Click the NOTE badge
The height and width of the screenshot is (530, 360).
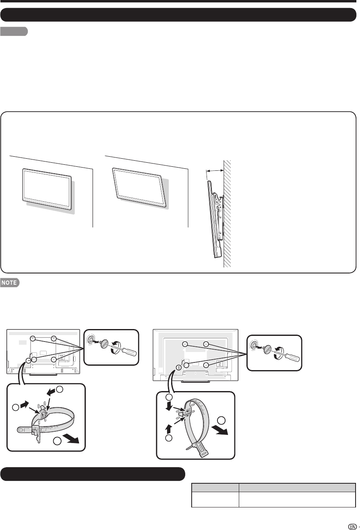pyautogui.click(x=10, y=282)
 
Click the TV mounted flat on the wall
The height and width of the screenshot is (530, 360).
pyautogui.click(x=47, y=189)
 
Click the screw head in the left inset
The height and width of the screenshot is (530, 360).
pyautogui.click(x=104, y=344)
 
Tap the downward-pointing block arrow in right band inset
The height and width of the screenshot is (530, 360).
pyautogui.click(x=169, y=407)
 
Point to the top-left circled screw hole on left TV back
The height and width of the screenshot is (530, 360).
pyautogui.click(x=33, y=339)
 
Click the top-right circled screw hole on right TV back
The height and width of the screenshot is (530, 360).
pyautogui.click(x=206, y=344)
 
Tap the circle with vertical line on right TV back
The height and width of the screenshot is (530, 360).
pyautogui.click(x=178, y=367)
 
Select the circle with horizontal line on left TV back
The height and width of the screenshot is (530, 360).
pyautogui.click(x=28, y=360)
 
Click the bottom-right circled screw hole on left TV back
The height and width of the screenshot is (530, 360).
pyautogui.click(x=54, y=360)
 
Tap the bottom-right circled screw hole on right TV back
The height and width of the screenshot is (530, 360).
pyautogui.click(x=206, y=365)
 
